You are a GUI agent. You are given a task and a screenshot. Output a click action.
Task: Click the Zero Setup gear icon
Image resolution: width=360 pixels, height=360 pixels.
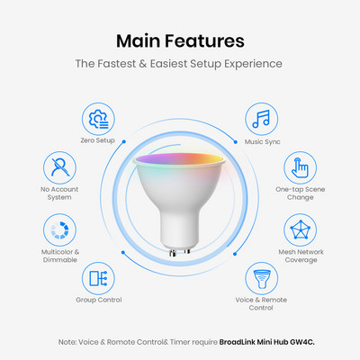point(98,119)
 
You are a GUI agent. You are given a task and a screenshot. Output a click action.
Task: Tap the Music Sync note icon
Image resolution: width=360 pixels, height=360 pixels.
point(261,119)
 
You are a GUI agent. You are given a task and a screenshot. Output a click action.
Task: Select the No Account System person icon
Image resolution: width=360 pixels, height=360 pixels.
point(59,167)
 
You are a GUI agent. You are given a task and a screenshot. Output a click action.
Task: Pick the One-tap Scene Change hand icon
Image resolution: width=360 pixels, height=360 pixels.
point(300,167)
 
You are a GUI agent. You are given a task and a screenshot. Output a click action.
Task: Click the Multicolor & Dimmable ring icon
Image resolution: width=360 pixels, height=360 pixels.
point(59,230)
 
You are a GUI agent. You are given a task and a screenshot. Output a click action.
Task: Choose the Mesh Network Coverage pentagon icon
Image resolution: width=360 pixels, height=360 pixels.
point(300,229)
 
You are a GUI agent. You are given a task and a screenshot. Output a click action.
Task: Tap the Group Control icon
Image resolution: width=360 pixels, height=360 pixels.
point(98,278)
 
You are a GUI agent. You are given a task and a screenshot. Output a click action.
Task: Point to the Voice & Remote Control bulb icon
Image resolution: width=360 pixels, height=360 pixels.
point(261,279)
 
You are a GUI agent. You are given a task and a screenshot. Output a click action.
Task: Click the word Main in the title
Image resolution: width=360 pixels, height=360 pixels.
point(139,40)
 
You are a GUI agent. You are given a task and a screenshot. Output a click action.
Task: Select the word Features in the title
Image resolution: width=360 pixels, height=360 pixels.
point(204,40)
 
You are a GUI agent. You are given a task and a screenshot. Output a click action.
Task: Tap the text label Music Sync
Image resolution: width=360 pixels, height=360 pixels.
point(262,141)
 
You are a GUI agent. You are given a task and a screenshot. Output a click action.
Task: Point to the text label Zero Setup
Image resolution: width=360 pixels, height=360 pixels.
point(97,140)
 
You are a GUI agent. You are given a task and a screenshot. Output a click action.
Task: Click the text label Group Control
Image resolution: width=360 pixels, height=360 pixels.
point(99,300)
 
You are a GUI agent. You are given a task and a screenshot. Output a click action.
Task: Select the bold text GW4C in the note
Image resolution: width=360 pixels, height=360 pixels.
point(302,342)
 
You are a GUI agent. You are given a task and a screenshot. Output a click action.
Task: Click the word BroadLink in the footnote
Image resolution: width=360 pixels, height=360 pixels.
point(237,342)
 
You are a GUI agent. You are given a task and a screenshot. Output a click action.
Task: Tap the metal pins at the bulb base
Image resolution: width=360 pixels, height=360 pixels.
point(179,252)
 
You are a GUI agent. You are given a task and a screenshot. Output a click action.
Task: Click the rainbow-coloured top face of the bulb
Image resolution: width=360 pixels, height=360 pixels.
point(179,158)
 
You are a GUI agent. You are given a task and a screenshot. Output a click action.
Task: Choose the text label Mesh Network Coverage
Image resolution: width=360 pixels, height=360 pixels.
point(301,256)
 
